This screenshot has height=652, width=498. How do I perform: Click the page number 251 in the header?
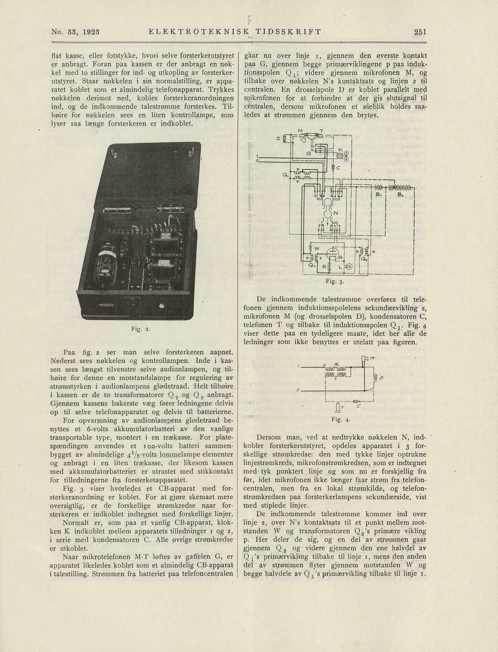coord(420,32)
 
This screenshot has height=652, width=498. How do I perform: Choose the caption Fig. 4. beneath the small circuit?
coord(340,419)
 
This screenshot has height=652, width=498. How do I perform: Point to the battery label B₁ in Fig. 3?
coord(378,194)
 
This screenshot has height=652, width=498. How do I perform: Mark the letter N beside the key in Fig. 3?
coord(335,213)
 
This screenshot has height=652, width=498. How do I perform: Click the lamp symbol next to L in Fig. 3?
coord(348,267)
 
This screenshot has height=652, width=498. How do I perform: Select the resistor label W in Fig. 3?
coord(316,249)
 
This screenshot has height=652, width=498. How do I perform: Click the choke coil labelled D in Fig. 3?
coord(286,138)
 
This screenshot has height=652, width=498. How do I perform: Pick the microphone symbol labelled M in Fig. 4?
coord(365,359)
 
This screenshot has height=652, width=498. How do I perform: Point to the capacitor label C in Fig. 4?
coord(359,406)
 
